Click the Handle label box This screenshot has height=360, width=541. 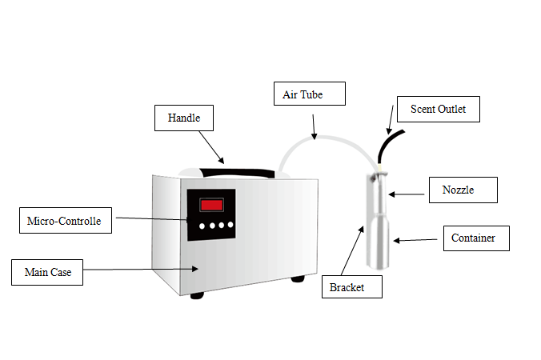coord(184,118)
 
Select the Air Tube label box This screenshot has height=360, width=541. coord(310,94)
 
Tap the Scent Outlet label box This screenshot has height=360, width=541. coord(439,109)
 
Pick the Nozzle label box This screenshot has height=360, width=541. coord(463,190)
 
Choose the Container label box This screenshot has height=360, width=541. coord(476,238)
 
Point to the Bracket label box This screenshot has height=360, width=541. coord(352,286)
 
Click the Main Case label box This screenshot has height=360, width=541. coord(47,273)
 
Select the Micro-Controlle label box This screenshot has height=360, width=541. coord(66,220)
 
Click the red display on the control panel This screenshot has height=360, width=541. coord(211,205)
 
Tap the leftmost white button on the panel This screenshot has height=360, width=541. coord(202,226)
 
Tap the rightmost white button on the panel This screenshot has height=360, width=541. coord(230,225)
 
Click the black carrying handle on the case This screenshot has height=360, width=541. coord(237,173)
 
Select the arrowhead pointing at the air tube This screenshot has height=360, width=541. coord(314,136)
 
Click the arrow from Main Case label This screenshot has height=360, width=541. coord(141,269)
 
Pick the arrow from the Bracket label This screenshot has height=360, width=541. coord(352,250)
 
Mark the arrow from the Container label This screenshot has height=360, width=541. coord(415,240)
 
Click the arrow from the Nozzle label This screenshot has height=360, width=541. coord(406,194)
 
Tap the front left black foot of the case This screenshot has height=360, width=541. coord(197,295)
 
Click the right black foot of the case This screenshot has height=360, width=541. coord(298,278)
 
